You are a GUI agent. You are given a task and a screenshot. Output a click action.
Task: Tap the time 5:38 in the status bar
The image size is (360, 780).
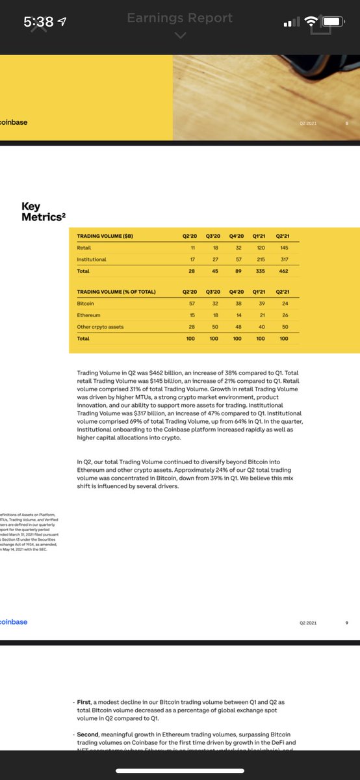[38, 21]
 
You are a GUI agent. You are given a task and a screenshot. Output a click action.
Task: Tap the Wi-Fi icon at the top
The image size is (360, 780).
[313, 22]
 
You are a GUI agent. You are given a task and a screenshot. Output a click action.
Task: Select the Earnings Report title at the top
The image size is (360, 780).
[179, 18]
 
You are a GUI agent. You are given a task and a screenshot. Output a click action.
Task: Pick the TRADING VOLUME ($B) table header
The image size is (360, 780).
[105, 237]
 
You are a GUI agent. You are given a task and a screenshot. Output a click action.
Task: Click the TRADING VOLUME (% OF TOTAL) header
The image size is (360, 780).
[116, 291]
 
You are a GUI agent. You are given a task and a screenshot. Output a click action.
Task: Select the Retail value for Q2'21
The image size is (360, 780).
[283, 248]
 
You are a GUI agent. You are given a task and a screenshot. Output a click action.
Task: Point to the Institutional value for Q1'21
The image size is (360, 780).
[260, 259]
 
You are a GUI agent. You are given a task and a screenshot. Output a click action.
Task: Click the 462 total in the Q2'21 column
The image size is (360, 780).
[283, 270]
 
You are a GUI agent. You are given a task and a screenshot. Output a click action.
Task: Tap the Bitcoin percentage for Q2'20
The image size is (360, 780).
[192, 303]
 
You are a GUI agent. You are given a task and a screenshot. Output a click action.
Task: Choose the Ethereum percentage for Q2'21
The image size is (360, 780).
[283, 315]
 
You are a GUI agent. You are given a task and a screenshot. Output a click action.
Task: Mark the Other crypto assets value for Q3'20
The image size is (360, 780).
[214, 326]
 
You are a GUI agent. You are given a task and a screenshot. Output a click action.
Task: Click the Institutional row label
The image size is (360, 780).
[91, 259]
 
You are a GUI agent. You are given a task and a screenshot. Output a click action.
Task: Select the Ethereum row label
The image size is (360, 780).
[88, 315]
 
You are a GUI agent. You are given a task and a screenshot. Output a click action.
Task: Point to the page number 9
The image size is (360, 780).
[347, 622]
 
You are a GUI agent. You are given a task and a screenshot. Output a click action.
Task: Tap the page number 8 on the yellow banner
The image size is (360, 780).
[347, 122]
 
